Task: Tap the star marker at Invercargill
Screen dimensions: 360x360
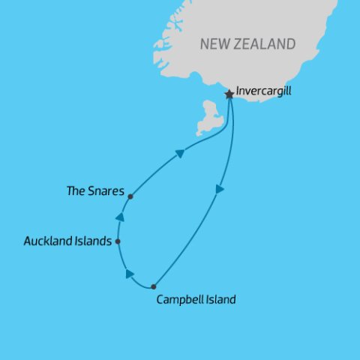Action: [229, 94]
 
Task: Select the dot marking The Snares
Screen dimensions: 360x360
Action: [130, 196]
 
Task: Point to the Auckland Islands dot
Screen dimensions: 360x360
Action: [118, 241]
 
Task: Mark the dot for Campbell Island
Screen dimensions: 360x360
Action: [153, 286]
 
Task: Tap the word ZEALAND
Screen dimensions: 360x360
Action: [267, 44]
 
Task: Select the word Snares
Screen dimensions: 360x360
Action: [107, 191]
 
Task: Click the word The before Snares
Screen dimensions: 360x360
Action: [76, 191]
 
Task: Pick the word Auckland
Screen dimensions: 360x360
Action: [47, 241]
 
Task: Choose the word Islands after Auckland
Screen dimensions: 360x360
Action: [94, 241]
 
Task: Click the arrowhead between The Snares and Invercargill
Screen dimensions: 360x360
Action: [180, 153]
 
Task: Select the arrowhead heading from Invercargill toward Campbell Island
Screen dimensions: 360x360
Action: [219, 190]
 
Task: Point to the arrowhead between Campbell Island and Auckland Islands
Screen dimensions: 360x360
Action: [130, 274]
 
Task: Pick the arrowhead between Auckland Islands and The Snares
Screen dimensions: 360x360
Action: [118, 217]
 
